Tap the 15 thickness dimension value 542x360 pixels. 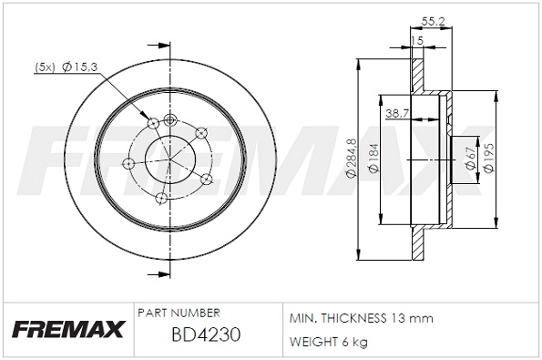(x=418, y=41)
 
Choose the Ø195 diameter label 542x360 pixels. (x=489, y=159)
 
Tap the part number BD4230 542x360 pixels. (x=205, y=334)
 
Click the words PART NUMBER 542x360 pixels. (x=177, y=312)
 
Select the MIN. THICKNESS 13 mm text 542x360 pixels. (x=361, y=318)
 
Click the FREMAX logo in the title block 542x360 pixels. (x=65, y=329)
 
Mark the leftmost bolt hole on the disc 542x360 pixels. (x=128, y=164)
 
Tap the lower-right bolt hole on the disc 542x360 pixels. (x=205, y=180)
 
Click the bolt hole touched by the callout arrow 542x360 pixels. (x=153, y=123)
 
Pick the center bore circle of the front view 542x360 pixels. (x=171, y=159)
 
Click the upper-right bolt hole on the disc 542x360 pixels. (x=201, y=133)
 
